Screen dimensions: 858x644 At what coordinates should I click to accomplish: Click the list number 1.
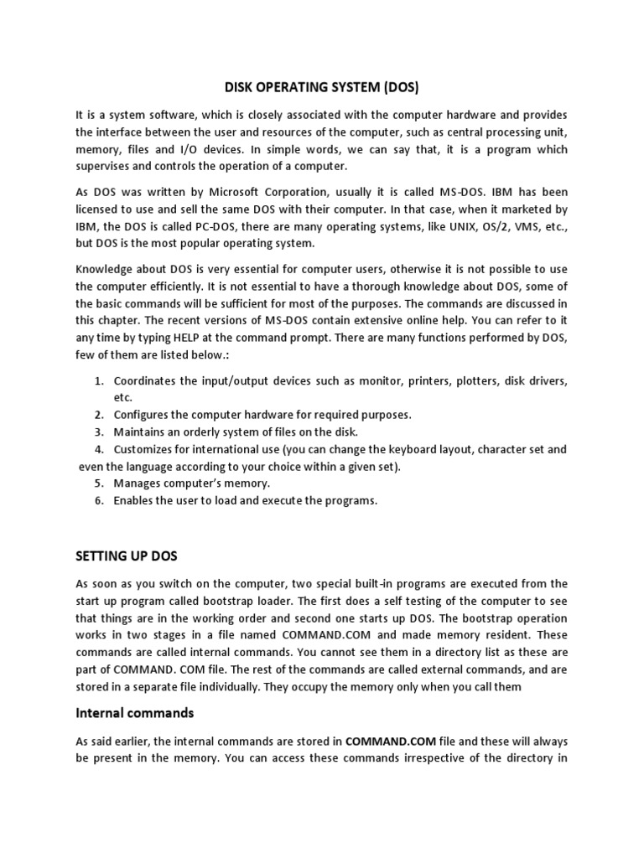tap(98, 381)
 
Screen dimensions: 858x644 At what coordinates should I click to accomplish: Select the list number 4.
tap(98, 449)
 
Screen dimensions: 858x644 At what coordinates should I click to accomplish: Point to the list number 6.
tap(98, 500)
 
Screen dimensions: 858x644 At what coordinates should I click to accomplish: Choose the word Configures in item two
tap(143, 415)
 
